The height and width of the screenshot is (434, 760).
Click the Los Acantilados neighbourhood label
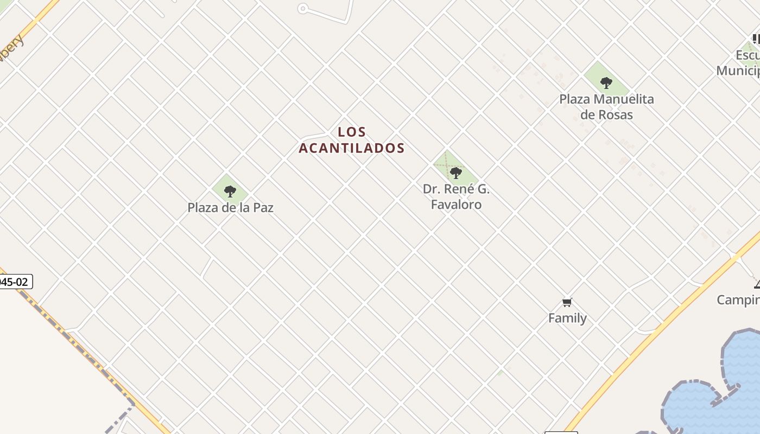[352, 140]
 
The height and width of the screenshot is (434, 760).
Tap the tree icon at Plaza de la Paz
[230, 191]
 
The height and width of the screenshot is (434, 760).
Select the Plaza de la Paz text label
[230, 207]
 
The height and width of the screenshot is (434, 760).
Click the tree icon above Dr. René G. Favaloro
[456, 173]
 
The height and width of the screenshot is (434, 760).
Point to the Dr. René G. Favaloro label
[456, 196]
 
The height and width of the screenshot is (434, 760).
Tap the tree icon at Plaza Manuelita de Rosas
[606, 83]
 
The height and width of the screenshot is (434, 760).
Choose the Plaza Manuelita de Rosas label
[606, 106]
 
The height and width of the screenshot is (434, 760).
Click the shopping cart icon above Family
[567, 302]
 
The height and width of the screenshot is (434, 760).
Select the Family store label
[567, 318]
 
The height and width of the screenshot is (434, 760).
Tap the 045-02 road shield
[14, 282]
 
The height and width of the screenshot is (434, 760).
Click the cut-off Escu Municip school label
[739, 63]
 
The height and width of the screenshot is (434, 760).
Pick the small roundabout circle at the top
[303, 8]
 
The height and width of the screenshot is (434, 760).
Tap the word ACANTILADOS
[352, 148]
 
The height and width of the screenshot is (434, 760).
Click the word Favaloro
[456, 204]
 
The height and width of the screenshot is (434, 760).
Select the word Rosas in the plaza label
[613, 114]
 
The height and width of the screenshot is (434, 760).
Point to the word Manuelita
[624, 99]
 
